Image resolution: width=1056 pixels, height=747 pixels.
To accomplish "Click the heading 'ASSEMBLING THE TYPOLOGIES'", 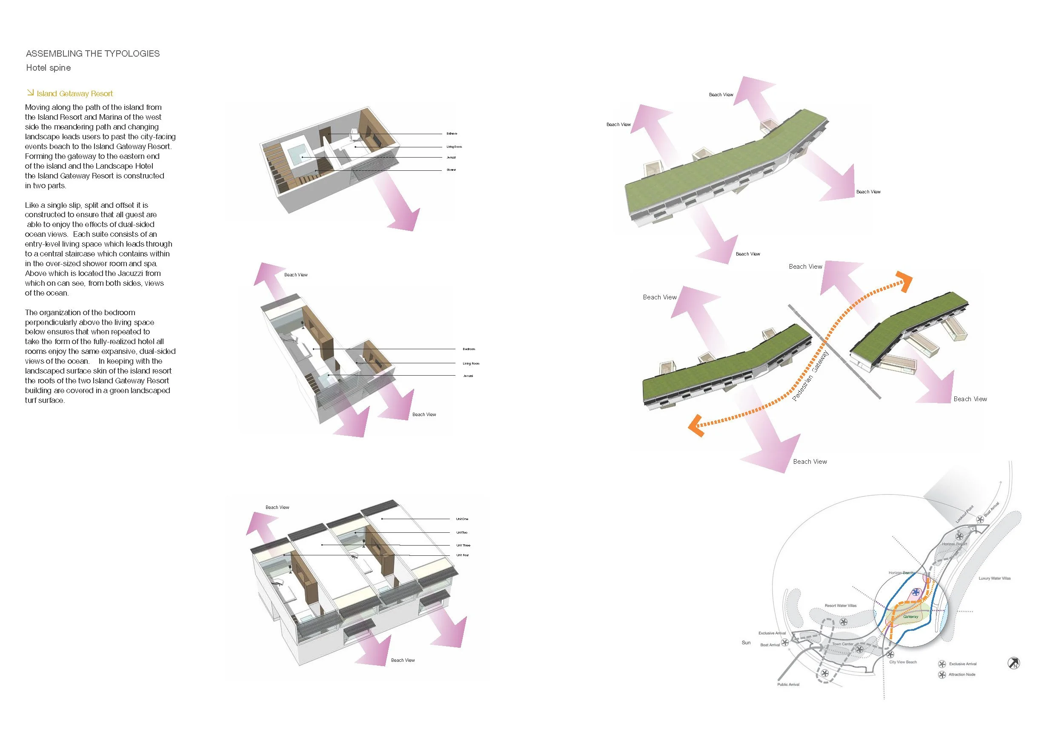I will (92, 53).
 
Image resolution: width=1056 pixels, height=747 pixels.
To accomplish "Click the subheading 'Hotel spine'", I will (48, 68).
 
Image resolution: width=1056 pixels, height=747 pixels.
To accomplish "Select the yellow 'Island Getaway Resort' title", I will (74, 93).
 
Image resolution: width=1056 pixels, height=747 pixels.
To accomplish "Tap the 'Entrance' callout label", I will (452, 133).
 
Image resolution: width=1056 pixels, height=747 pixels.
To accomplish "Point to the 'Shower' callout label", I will (451, 170).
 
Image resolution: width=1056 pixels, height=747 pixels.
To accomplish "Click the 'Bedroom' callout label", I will (469, 349).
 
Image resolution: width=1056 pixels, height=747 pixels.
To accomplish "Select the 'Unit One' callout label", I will (462, 519).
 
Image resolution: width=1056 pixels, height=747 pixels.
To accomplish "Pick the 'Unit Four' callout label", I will (462, 555).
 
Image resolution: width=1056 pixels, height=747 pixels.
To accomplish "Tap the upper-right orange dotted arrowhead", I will (904, 281).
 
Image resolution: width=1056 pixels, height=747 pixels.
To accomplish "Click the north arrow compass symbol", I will (1014, 663).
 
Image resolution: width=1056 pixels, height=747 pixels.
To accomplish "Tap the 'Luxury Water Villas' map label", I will (994, 578).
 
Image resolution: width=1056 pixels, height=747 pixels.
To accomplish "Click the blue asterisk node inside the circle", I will (915, 592).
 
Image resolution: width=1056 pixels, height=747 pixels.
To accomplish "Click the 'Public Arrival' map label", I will (788, 684).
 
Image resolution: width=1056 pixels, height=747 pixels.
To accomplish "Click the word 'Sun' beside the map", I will (746, 643).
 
